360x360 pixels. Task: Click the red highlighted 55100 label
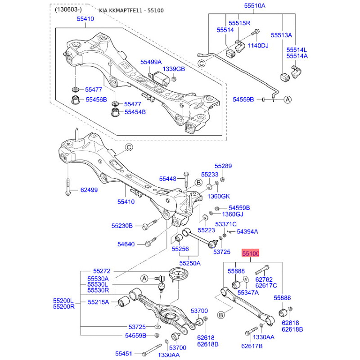(x=250, y=253)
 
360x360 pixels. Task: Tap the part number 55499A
(x=151, y=62)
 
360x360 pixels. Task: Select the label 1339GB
(x=174, y=69)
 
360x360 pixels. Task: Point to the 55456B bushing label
(x=96, y=99)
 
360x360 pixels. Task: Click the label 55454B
(x=135, y=112)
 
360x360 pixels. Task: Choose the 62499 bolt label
(x=89, y=190)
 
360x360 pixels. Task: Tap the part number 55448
(x=167, y=179)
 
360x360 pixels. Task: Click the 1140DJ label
(x=258, y=45)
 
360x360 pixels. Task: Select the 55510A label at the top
(x=255, y=6)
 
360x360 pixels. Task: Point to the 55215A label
(x=98, y=302)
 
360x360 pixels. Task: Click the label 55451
(x=123, y=354)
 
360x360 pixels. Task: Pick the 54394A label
(x=247, y=232)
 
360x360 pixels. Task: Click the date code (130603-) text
(x=68, y=9)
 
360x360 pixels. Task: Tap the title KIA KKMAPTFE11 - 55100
(x=131, y=10)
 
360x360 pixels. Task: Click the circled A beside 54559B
(x=288, y=99)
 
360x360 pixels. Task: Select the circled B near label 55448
(x=198, y=183)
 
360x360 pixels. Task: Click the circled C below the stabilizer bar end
(x=201, y=63)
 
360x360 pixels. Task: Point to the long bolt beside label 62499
(x=68, y=187)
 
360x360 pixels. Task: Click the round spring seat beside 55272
(x=178, y=274)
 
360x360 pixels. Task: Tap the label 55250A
(x=190, y=263)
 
